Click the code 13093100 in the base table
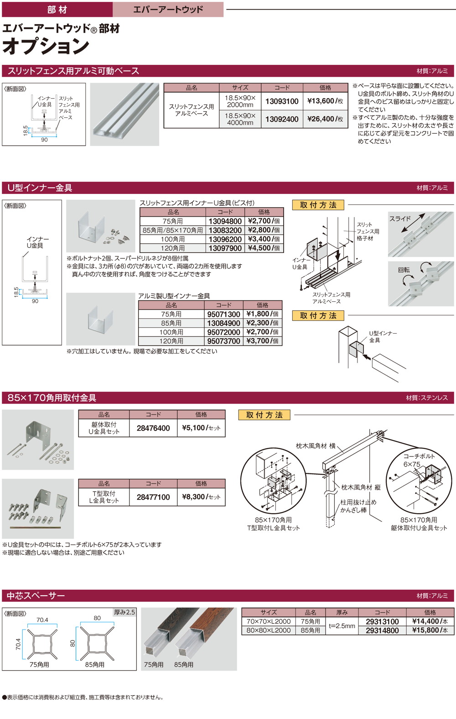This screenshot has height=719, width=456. tap(282, 101)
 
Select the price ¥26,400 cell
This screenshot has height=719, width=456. tap(325, 119)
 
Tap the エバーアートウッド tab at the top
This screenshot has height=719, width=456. tap(168, 10)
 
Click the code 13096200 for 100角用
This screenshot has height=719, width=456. tap(225, 239)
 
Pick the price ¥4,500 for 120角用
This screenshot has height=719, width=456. tap(264, 248)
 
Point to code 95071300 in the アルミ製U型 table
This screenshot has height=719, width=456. tap(223, 315)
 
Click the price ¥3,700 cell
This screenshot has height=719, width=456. tap(262, 341)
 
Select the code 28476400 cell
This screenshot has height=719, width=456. tap(153, 428)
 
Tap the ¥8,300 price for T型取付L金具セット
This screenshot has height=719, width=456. tap(201, 497)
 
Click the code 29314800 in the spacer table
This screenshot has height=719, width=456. tap(382, 630)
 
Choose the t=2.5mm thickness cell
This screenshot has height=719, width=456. tap(342, 626)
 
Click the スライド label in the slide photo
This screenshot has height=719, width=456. tap(400, 219)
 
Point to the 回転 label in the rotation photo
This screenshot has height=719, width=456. tap(404, 270)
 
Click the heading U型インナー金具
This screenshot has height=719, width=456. tap(40, 188)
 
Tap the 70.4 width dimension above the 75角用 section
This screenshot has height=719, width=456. tap(42, 620)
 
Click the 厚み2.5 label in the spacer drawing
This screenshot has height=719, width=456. tap(124, 612)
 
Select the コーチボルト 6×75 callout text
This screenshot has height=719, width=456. tap(418, 460)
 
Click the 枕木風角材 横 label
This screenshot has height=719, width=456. tap(316, 446)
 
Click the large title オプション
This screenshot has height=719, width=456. tap(46, 46)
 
